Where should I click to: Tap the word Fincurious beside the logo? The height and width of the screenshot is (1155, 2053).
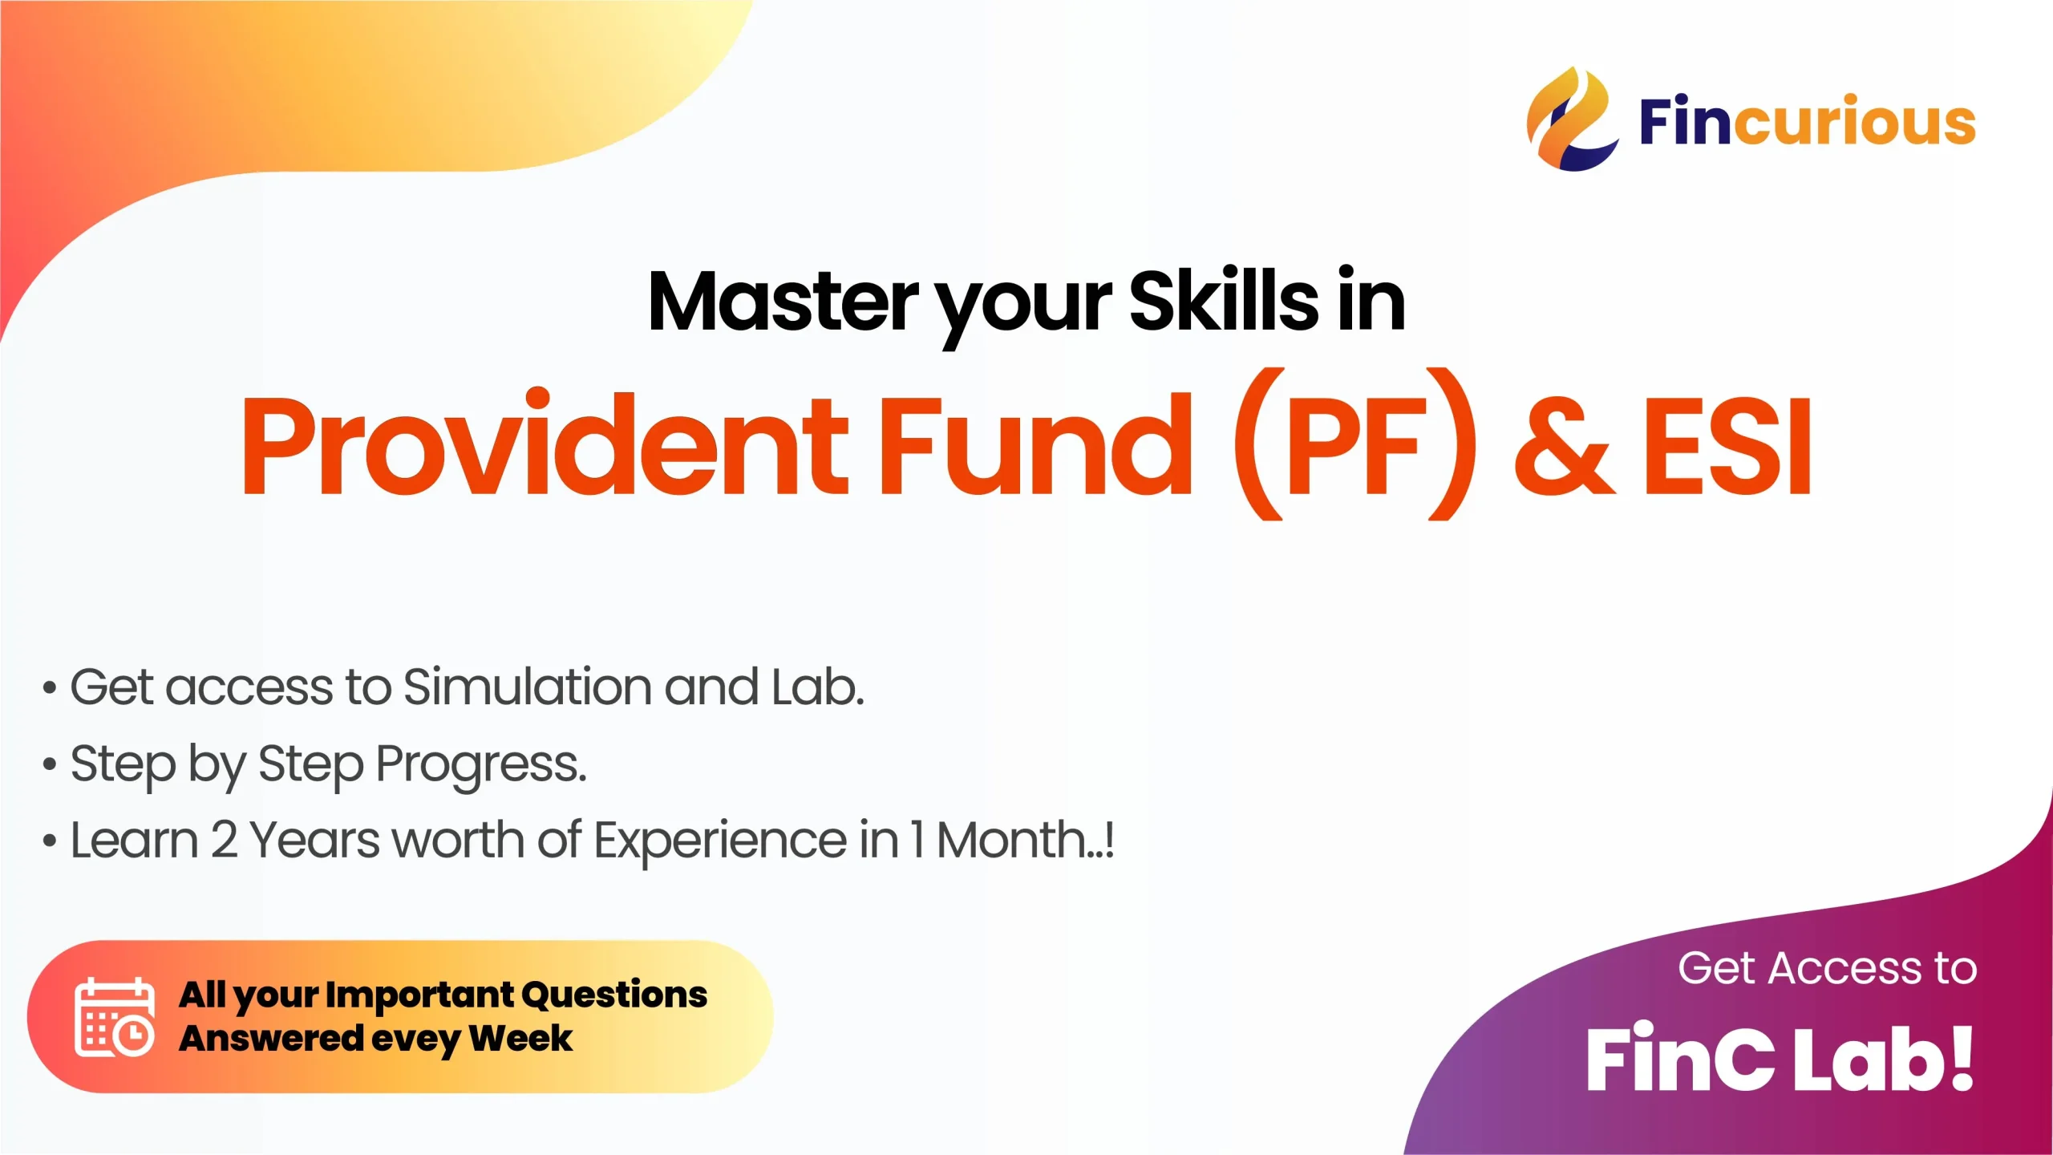[1808, 121]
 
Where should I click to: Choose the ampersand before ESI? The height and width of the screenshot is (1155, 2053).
[1564, 445]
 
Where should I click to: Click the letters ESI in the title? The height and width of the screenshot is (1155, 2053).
[1727, 445]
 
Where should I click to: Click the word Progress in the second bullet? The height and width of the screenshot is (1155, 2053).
[481, 765]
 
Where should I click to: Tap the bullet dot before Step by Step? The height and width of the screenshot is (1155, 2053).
[50, 765]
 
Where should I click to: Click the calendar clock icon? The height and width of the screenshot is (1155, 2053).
[115, 1017]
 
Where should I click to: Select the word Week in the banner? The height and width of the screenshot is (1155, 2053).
[521, 1038]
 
